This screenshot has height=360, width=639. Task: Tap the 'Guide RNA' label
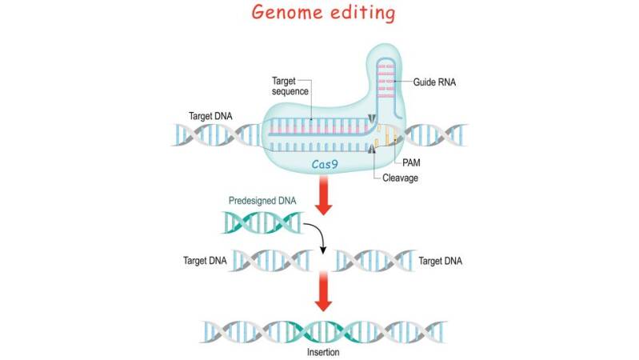(435, 82)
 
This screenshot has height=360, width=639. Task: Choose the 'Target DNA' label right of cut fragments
(441, 261)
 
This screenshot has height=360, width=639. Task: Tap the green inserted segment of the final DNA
(320, 328)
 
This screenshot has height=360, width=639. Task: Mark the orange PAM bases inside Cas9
(387, 135)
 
